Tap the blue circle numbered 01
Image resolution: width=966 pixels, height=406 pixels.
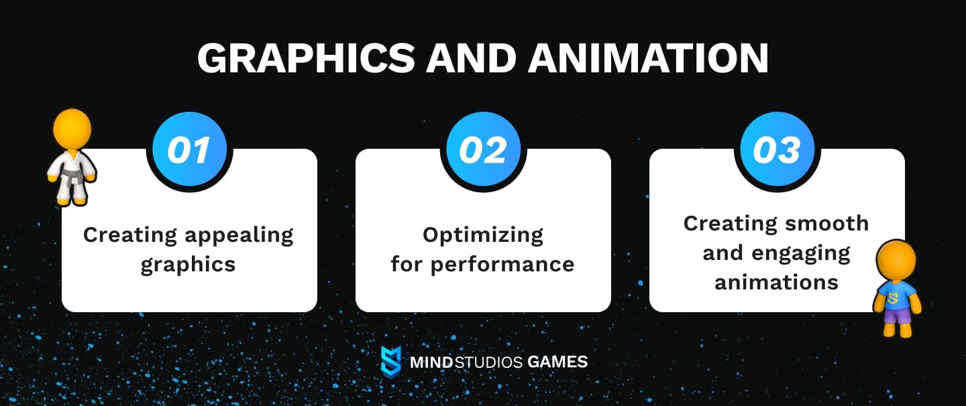click(x=189, y=150)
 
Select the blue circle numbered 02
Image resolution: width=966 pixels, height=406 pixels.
click(x=483, y=150)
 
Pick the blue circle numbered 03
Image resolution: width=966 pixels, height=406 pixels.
click(x=777, y=150)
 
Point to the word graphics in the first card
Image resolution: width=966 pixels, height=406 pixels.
click(x=189, y=264)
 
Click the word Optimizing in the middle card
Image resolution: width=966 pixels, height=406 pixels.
click(x=483, y=235)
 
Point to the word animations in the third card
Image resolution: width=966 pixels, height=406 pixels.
click(x=777, y=282)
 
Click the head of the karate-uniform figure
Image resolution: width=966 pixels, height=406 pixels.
click(x=72, y=129)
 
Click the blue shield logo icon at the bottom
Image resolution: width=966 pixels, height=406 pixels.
click(x=391, y=362)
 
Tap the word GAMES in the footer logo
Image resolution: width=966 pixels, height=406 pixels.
click(x=557, y=362)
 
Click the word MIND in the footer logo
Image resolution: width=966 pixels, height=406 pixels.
click(x=431, y=362)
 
